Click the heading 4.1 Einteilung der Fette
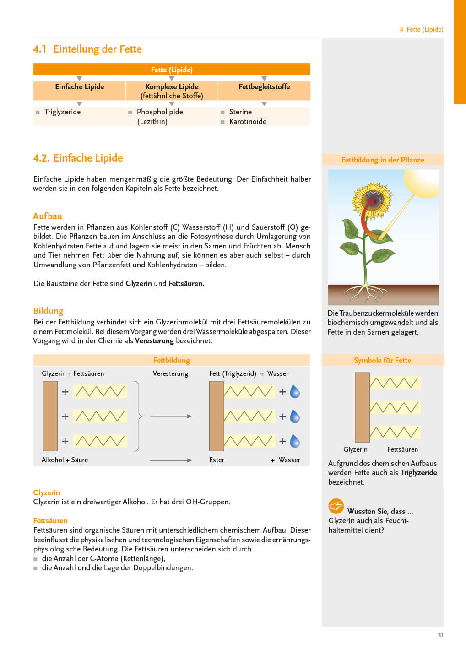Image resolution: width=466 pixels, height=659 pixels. [87, 49]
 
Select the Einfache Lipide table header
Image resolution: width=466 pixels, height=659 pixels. [80, 87]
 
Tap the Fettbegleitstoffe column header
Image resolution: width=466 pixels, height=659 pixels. [264, 87]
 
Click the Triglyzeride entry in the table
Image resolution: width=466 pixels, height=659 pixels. [62, 112]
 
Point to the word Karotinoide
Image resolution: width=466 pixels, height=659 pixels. [248, 122]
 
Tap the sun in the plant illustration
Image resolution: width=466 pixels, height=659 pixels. [422, 183]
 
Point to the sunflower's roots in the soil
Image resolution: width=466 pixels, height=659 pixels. [366, 293]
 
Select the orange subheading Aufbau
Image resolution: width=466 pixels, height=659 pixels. [47, 216]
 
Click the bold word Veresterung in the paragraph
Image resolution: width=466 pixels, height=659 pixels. [154, 341]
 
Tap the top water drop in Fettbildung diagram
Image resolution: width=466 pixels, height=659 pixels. [295, 392]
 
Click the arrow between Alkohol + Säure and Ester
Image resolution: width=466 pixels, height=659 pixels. [171, 460]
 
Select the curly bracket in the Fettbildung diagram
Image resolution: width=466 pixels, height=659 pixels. [138, 416]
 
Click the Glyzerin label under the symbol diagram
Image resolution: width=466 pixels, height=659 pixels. [355, 449]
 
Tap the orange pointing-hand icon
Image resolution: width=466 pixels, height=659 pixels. [336, 506]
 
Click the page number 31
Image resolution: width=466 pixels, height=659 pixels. [440, 635]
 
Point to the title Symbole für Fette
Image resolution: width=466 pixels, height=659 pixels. [382, 361]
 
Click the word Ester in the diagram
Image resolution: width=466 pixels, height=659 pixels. [217, 460]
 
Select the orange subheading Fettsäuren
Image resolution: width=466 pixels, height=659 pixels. [50, 521]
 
